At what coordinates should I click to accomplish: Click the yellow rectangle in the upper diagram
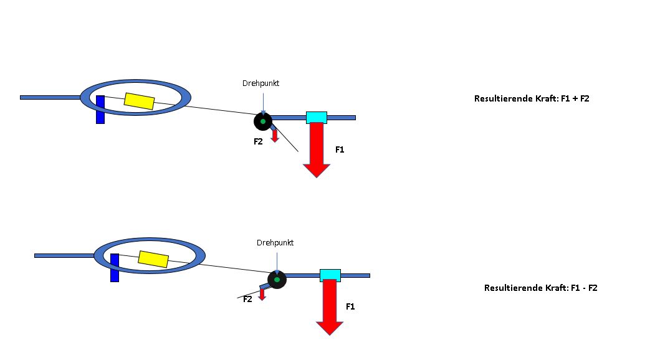pos(139,101)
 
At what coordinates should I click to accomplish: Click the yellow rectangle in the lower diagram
pos(153,259)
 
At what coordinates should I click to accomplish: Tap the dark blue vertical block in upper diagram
pos(100,109)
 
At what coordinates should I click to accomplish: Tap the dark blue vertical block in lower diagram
pos(114,268)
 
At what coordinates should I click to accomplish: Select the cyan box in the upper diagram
pos(316,117)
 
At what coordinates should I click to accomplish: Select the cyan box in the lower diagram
pos(330,275)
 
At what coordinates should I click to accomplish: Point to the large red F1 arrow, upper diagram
pos(317,149)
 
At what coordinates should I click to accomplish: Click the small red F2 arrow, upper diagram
pos(274,135)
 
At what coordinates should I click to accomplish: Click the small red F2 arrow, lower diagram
pos(262,294)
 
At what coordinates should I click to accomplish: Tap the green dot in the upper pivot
pos(263,121)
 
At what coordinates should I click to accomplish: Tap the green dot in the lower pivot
pos(277,279)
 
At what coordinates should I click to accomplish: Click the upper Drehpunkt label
pos(261,83)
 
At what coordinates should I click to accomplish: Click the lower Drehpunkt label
pos(275,242)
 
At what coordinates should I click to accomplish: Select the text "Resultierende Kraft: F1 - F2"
pos(540,288)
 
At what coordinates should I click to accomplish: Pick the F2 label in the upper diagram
pos(258,142)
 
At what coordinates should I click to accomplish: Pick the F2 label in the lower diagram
pos(247,299)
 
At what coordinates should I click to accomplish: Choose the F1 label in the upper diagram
pos(340,149)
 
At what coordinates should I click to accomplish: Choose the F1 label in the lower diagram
pos(350,306)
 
